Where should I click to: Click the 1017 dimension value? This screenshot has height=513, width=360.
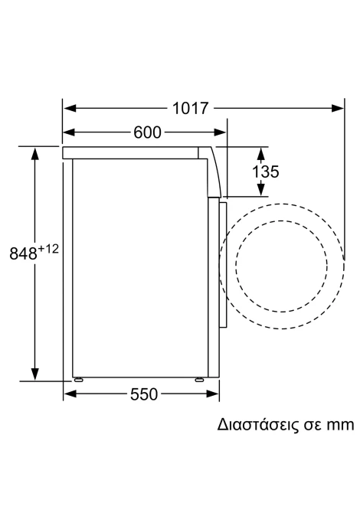(x=190, y=108)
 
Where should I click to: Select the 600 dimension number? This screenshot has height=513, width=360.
(x=147, y=132)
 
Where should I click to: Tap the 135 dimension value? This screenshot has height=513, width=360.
(x=266, y=172)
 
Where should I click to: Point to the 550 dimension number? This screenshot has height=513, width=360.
(x=144, y=394)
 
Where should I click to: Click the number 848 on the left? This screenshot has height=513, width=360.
(x=24, y=253)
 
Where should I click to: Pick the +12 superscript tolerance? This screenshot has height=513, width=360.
(x=48, y=250)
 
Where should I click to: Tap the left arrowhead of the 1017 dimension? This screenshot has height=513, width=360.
(x=70, y=108)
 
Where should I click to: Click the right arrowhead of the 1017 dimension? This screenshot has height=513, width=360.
(x=338, y=108)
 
